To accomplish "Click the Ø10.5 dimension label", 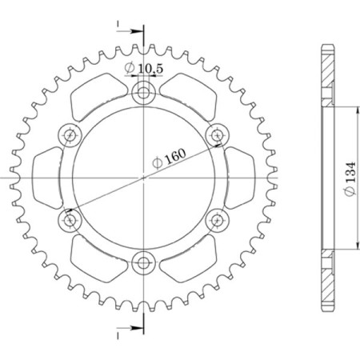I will point(144,70).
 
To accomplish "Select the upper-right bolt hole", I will point(215,135).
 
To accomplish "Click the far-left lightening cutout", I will point(50,177).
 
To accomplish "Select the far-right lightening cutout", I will point(238,177).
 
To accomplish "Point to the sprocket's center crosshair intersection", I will point(144,177).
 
